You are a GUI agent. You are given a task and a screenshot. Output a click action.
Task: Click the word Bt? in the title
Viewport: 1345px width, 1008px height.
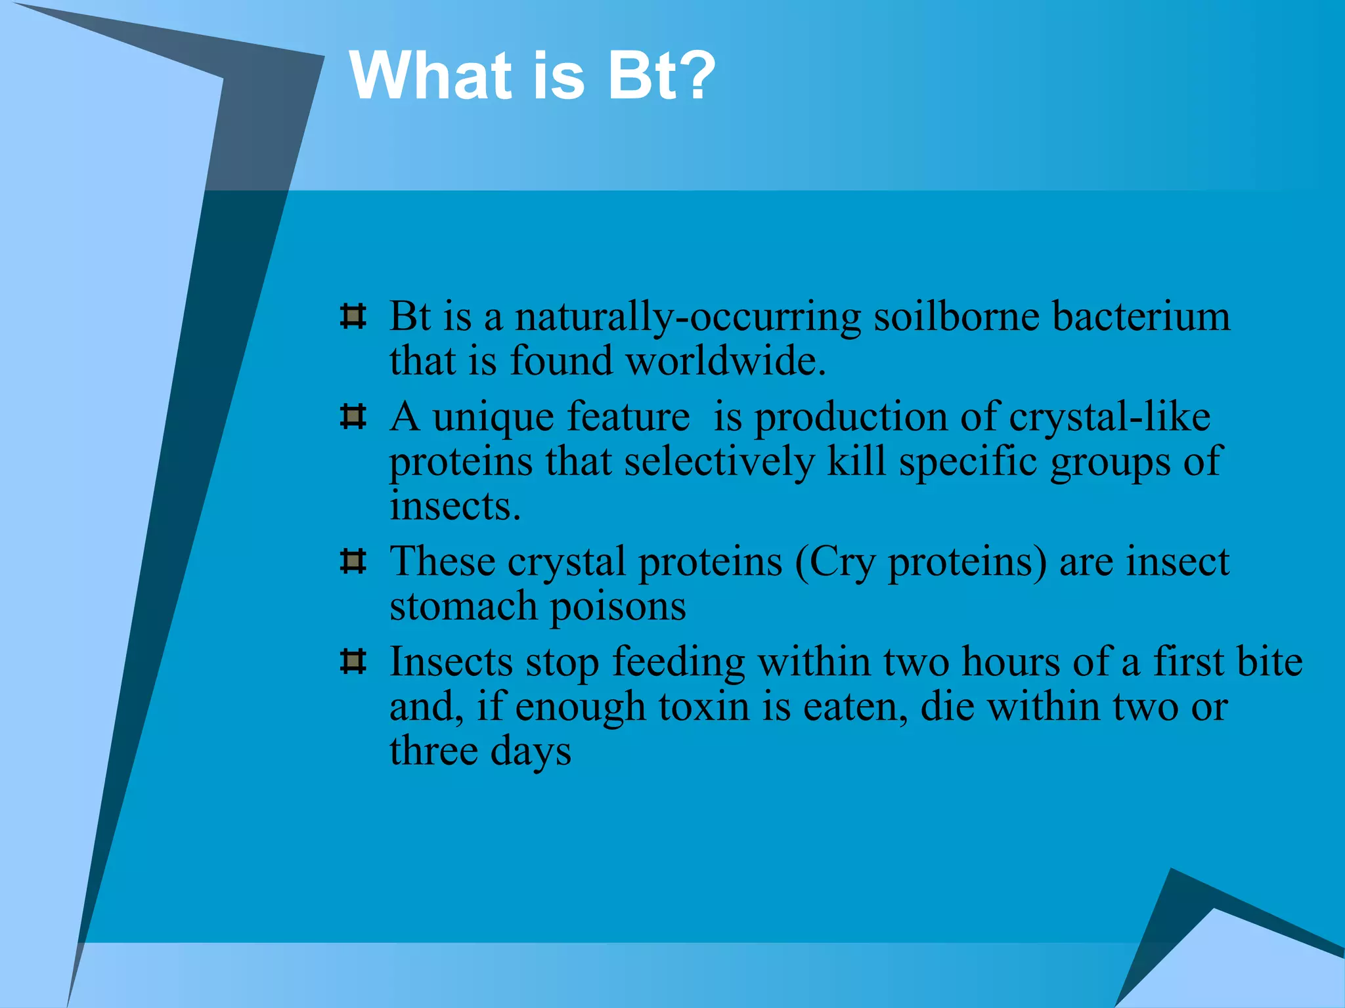(661, 76)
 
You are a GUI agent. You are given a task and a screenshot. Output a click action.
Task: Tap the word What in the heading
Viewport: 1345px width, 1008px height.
(430, 76)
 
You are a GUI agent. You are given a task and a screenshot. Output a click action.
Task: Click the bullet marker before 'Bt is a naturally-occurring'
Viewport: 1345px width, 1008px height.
(353, 316)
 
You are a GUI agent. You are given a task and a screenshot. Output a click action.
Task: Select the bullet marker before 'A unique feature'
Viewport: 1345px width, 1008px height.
(353, 417)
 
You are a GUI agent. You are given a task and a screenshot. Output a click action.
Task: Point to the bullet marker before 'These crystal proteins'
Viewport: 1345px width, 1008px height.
(353, 561)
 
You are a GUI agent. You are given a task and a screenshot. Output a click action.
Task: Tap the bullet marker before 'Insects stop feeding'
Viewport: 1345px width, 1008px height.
(353, 661)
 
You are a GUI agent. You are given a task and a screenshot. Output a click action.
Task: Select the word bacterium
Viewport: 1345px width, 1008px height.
(1141, 317)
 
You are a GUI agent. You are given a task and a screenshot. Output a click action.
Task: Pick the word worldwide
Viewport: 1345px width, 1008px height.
(725, 362)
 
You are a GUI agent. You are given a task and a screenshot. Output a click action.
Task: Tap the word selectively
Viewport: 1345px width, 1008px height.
(719, 462)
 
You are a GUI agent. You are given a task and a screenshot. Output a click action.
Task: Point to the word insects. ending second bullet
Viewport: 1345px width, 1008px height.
(455, 507)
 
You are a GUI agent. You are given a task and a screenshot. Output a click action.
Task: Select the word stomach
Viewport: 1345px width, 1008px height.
(463, 606)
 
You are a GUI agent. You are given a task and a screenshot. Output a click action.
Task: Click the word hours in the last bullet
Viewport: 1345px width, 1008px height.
(1011, 661)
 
